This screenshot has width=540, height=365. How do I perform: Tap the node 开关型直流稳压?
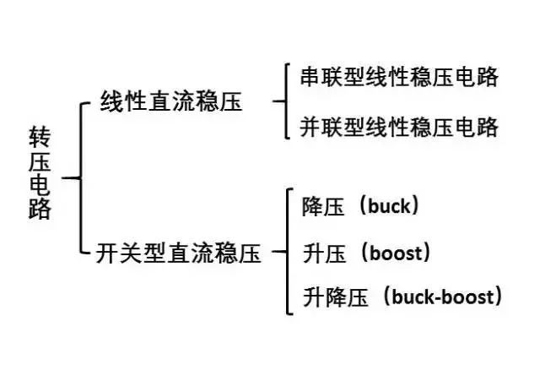[x=179, y=252]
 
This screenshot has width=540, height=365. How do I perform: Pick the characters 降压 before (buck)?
[x=321, y=205]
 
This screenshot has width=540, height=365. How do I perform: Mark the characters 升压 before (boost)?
[x=321, y=252]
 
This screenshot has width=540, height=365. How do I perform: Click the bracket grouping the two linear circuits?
[x=289, y=102]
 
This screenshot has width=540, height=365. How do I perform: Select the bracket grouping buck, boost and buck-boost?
[x=289, y=252]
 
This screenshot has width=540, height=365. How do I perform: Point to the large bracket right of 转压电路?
[x=82, y=178]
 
